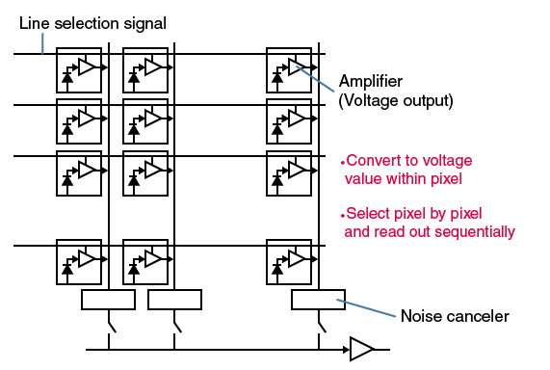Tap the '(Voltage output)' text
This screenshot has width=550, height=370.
pos(394,99)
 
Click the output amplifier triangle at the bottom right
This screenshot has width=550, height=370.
pos(361,349)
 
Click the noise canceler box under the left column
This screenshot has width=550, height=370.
pos(109,300)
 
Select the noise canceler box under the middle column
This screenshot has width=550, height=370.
pos(174,300)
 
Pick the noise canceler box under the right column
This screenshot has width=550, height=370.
pos(317,300)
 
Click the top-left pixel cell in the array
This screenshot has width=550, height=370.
pos(79,70)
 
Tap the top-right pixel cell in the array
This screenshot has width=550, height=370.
pos(289,70)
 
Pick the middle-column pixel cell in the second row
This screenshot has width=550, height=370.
pos(145,120)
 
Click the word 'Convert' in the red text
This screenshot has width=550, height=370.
pos(370,161)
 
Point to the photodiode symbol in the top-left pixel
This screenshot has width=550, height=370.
pos(67,76)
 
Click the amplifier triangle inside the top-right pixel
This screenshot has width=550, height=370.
pos(297,66)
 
